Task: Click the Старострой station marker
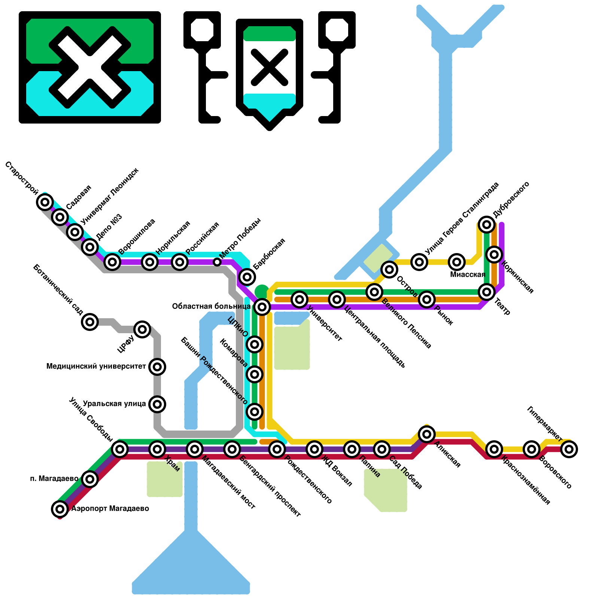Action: coord(45,202)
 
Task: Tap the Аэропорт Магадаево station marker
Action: coord(60,509)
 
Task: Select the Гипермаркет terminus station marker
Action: coord(569,449)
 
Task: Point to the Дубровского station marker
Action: coord(487,225)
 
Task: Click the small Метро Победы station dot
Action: coord(217,262)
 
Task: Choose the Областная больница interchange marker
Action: coord(262,307)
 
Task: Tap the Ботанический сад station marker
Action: coord(90,322)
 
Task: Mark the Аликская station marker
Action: coord(427,434)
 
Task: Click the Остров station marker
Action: coord(389,269)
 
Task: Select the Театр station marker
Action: coord(487,292)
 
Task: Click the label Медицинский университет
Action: coord(96,366)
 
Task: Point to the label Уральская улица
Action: coord(114,404)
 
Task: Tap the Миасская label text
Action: coord(468,275)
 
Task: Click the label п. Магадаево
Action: coord(54,478)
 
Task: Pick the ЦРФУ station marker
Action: coord(142,329)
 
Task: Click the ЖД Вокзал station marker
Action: coord(314,449)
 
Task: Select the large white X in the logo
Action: coord(90,67)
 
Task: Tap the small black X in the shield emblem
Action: coord(270,67)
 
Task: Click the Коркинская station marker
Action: coord(494,255)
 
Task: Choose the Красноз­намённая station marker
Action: coord(494,449)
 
